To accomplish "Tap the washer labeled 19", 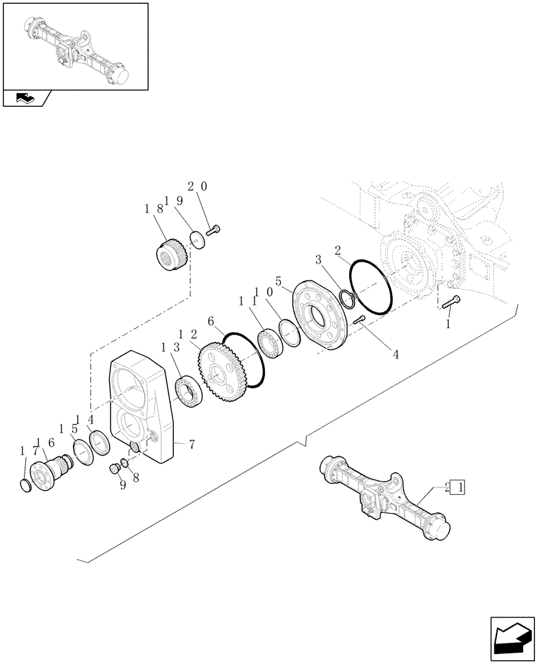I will [x=196, y=237].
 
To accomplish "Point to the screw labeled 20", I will [x=213, y=230].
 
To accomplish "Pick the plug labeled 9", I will [x=115, y=469].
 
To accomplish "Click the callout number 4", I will [x=396, y=354].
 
